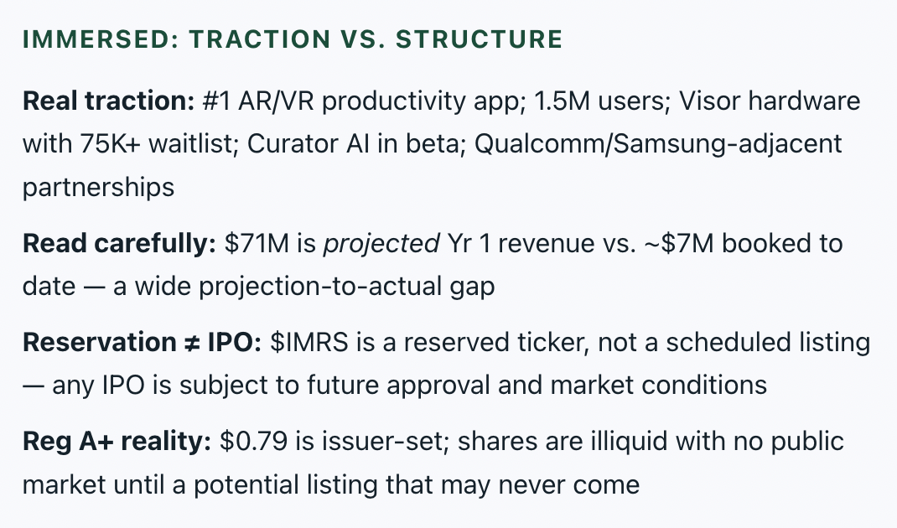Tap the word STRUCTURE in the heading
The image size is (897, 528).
click(x=480, y=39)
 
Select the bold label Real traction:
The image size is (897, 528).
click(x=109, y=101)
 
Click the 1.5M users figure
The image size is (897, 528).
click(x=602, y=101)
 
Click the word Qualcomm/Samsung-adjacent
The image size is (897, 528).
click(x=658, y=144)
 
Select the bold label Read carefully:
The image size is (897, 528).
click(x=119, y=244)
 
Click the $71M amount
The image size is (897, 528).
click(x=257, y=244)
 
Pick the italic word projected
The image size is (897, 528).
click(x=381, y=244)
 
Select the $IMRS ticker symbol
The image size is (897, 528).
click(x=309, y=343)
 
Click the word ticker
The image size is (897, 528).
click(x=553, y=343)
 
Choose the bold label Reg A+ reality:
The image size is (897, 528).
click(x=117, y=442)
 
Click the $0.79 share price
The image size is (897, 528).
click(x=253, y=442)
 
